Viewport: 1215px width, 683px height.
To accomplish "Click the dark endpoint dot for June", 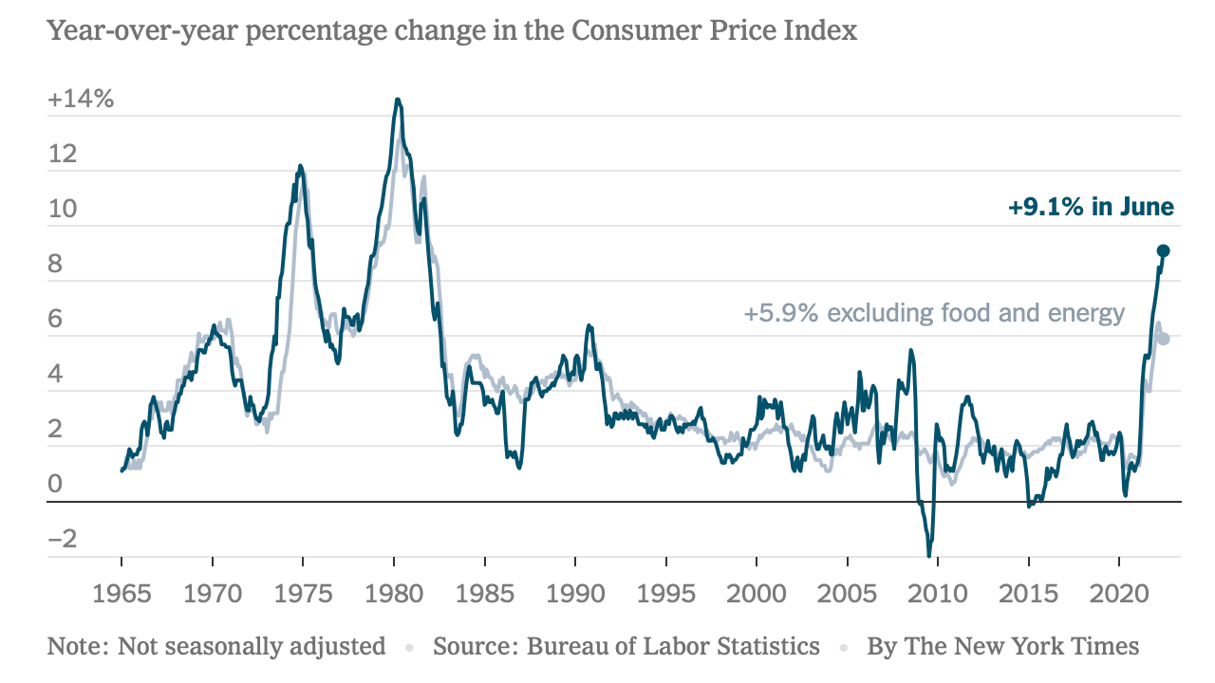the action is (x=1163, y=250).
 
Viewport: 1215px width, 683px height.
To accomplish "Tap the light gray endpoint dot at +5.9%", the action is (x=1163, y=339).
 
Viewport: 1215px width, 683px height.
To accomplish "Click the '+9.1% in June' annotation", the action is (x=1091, y=207).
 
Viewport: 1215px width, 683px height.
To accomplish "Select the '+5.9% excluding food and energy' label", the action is (x=934, y=313).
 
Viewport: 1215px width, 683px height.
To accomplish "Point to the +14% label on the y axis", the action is (x=81, y=99).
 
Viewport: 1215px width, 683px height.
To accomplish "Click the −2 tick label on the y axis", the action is (x=63, y=539).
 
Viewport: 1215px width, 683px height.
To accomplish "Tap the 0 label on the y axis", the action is (x=55, y=484).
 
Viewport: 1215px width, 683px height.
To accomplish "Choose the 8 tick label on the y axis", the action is (x=55, y=264).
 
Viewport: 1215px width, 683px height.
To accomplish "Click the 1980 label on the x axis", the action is (x=394, y=594).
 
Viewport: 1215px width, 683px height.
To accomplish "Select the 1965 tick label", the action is (x=121, y=594).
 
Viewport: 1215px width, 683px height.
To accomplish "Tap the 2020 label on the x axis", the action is (x=1119, y=594).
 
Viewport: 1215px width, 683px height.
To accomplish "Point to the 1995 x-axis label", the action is (x=666, y=594).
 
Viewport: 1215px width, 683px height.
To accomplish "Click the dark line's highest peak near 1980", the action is (x=398, y=100).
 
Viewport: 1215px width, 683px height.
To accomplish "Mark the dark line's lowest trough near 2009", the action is (x=929, y=556).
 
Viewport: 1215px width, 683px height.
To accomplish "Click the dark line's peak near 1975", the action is (x=301, y=166).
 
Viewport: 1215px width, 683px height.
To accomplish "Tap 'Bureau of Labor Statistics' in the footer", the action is (x=673, y=646).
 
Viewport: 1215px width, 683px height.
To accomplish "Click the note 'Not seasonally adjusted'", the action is (x=252, y=646).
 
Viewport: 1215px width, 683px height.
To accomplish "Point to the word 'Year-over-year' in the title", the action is (x=142, y=31).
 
